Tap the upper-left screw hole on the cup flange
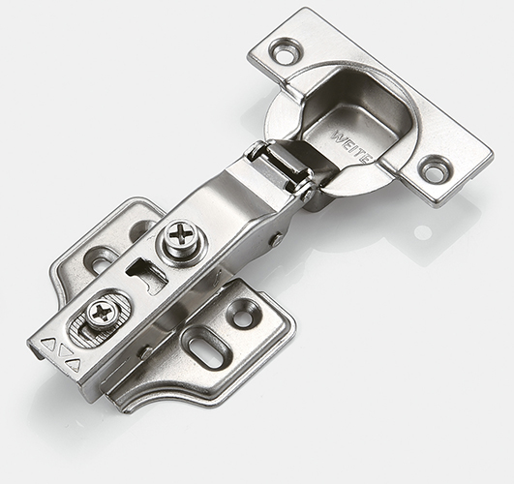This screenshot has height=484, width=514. (285, 52)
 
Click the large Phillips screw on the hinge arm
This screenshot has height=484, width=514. (182, 237)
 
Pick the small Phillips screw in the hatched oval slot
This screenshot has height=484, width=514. (102, 313)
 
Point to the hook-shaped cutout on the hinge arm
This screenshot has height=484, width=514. (146, 274)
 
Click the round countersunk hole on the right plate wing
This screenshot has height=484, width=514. (244, 315)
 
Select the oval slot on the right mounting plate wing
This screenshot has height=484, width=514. (207, 350)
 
